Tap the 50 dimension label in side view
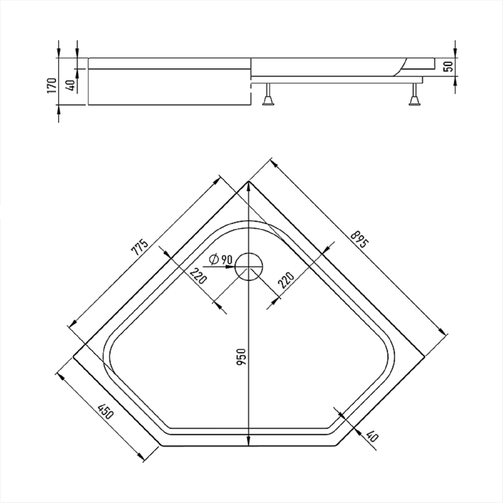pyautogui.click(x=448, y=66)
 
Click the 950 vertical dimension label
pyautogui.click(x=242, y=357)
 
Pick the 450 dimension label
pyautogui.click(x=105, y=411)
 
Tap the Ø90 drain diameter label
pyautogui.click(x=220, y=260)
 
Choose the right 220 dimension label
pyautogui.click(x=286, y=280)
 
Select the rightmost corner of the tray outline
pyautogui.click(x=425, y=356)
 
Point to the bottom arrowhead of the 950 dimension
pyautogui.click(x=248, y=441)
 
